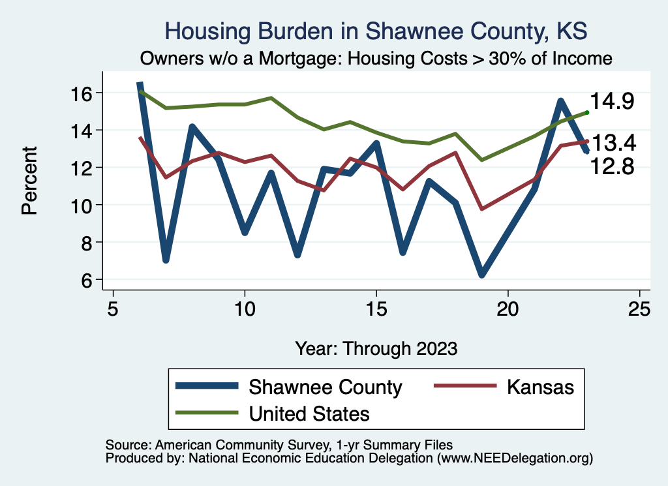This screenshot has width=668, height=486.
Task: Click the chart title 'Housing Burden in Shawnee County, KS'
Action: pyautogui.click(x=376, y=31)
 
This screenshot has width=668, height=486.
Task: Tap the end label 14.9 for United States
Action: pyautogui.click(x=613, y=102)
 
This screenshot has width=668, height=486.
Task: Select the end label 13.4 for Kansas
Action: pyautogui.click(x=613, y=143)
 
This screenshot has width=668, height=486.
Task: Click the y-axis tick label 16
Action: pyautogui.click(x=85, y=93)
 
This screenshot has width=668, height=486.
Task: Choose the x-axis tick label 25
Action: pyautogui.click(x=640, y=309)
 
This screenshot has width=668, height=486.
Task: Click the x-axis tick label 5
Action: pyautogui.click(x=113, y=309)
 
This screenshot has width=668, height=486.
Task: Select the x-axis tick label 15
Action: pyautogui.click(x=376, y=309)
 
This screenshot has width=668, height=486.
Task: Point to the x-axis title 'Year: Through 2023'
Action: pyautogui.click(x=376, y=348)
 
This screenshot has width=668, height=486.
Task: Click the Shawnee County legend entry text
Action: pyautogui.click(x=326, y=387)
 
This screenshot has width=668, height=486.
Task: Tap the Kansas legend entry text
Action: pyautogui.click(x=540, y=387)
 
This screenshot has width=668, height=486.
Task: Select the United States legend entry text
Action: pyautogui.click(x=309, y=414)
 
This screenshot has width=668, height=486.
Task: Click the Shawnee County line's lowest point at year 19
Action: pyautogui.click(x=482, y=275)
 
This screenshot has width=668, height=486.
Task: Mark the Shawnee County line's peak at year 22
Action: pyautogui.click(x=560, y=100)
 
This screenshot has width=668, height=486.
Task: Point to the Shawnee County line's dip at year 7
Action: pyautogui.click(x=166, y=260)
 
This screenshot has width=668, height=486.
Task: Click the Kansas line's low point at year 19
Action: pyautogui.click(x=482, y=209)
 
